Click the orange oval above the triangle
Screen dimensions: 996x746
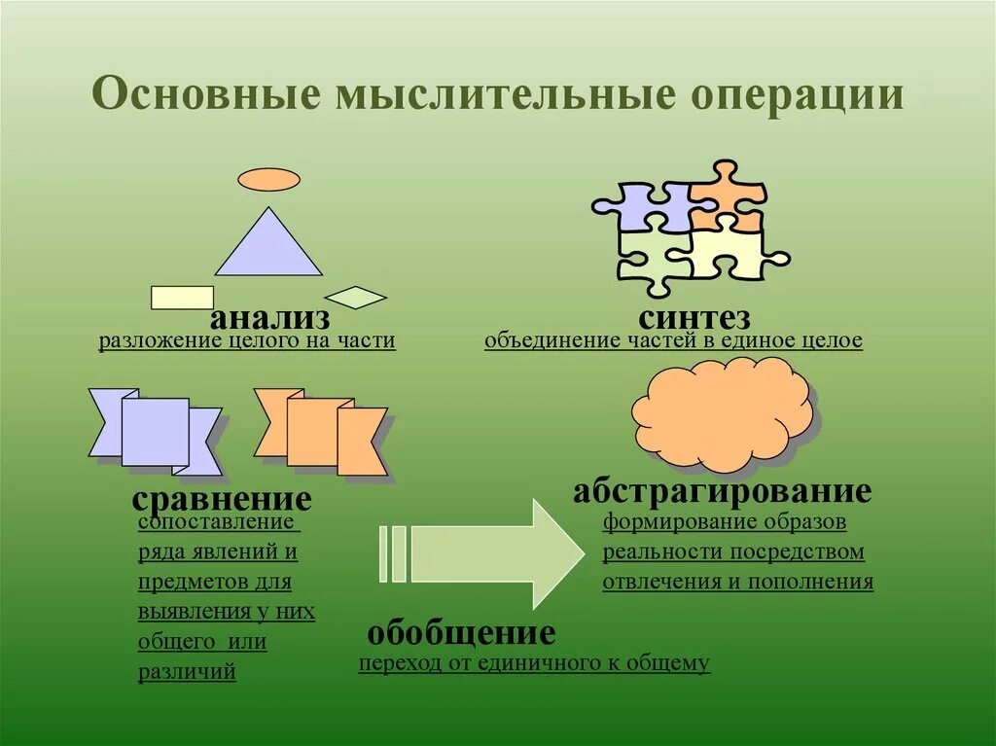pos(269,179)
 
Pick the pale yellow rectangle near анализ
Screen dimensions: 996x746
pos(182,297)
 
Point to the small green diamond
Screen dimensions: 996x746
pos(355,297)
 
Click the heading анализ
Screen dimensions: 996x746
pos(270,317)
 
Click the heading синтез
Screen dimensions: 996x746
pos(694,317)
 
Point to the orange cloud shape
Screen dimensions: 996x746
pos(722,412)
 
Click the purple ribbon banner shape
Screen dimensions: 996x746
pos(156,432)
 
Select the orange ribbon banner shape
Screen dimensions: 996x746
pos(321,432)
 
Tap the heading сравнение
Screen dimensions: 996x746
pos(222,500)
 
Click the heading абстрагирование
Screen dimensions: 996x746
pos(721,491)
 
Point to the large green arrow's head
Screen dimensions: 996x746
pos(554,552)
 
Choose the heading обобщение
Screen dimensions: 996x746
pos(461,634)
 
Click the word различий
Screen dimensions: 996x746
pos(187,672)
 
